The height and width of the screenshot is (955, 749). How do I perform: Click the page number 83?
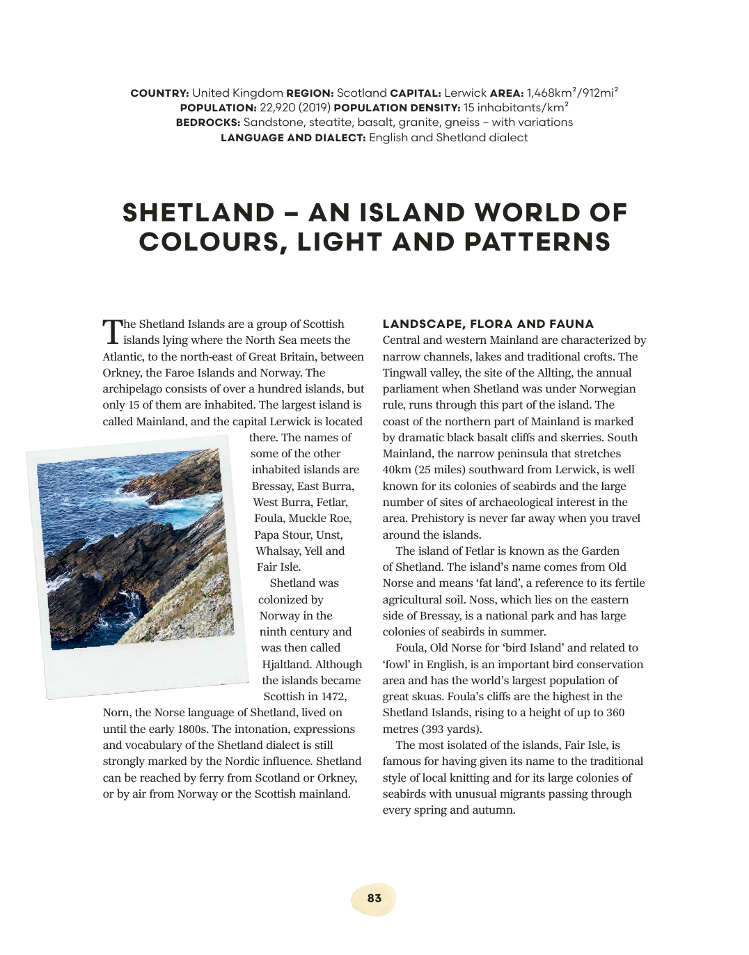[x=374, y=898]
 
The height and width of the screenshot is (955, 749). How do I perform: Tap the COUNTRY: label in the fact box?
[x=159, y=93]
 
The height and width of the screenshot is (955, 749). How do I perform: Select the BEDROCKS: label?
[x=207, y=123]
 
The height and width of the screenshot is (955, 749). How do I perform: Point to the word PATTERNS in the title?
[x=537, y=242]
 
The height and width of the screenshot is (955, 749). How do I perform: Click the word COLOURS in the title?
[x=213, y=242]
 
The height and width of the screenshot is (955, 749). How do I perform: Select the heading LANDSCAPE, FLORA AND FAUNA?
[x=488, y=324]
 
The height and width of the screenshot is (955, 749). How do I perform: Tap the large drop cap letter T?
[x=112, y=332]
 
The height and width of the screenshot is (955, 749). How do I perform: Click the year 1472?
[x=333, y=697]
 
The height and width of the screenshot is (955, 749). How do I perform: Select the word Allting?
[x=555, y=372]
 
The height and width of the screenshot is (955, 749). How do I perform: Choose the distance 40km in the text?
[x=396, y=470]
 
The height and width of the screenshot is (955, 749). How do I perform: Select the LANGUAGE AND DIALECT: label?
[x=292, y=138]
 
